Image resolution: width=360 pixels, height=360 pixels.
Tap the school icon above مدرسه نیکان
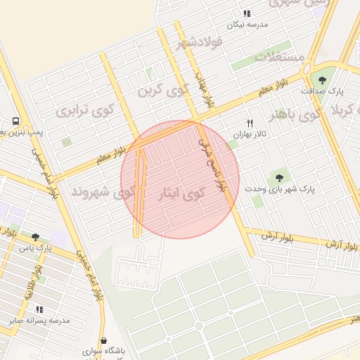[x=247, y=13]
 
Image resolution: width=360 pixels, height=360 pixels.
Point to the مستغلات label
[x=281, y=56]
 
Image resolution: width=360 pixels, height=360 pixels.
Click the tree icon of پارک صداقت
[x=323, y=80]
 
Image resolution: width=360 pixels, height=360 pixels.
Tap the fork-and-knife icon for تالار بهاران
[x=248, y=122]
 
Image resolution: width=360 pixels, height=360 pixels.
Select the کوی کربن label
[x=165, y=89]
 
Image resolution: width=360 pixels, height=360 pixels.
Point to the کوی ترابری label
[x=85, y=110]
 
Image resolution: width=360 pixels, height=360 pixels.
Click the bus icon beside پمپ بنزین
[x=15, y=120]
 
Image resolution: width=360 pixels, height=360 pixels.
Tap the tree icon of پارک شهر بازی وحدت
[x=279, y=178]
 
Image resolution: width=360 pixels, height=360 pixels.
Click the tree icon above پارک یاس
[x=36, y=237]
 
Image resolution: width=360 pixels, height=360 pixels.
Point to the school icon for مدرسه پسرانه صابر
[x=39, y=309]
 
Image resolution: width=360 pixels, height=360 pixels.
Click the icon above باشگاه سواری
[x=103, y=341]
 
